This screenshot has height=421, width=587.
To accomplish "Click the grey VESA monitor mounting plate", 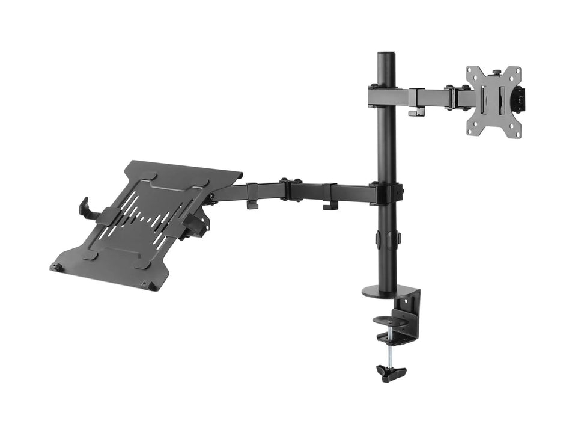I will coord(493,101).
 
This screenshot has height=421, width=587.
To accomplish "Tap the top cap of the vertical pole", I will coord(386,55).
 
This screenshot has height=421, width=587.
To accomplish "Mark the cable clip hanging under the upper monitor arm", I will coord(415,111).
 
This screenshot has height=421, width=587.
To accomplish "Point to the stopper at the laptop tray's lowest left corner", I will coord(56,266).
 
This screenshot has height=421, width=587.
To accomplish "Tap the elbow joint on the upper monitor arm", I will coord(457,98).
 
